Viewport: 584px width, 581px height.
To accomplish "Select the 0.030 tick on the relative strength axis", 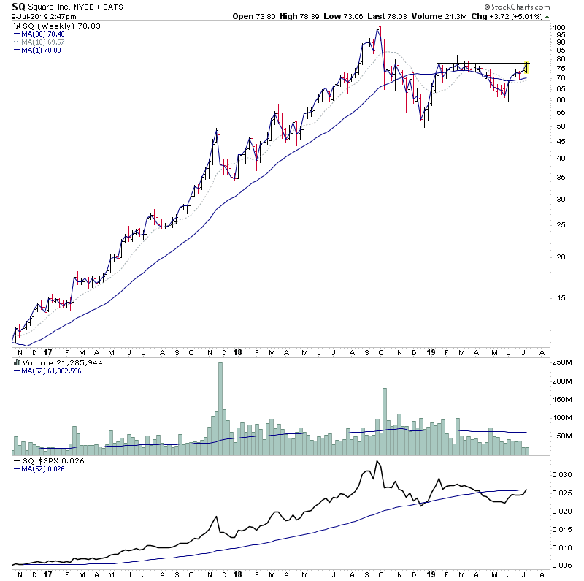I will (563, 474).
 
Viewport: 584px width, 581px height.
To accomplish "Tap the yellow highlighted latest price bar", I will (527, 67).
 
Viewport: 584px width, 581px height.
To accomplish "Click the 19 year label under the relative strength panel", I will (430, 575).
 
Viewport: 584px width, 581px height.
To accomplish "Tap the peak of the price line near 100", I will (378, 29).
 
